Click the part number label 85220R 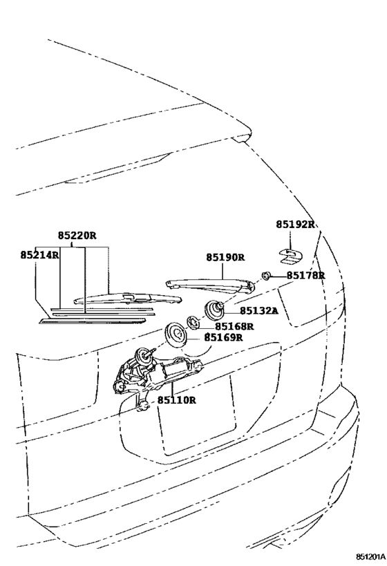coord(77,236)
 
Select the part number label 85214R coord(39,255)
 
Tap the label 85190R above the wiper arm coord(225,257)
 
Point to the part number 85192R coord(296,224)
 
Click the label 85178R coord(305,276)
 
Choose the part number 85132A coord(259,310)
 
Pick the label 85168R coord(235,326)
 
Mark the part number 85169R coord(223,337)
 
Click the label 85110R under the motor coord(176,400)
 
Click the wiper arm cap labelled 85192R coord(291,256)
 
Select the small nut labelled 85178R coord(266,276)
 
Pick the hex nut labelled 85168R coord(193,322)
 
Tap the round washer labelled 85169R coord(175,334)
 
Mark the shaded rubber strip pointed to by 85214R coord(93,320)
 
